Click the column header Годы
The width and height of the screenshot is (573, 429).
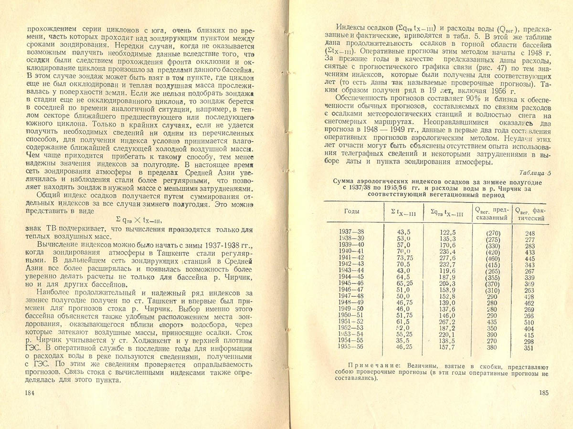[352, 211]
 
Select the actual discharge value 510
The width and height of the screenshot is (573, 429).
[530, 322]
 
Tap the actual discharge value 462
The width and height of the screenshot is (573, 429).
[530, 303]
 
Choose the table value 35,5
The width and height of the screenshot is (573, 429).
[404, 342]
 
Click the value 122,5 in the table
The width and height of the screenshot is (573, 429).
[446, 233]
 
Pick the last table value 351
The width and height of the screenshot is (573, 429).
[530, 348]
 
